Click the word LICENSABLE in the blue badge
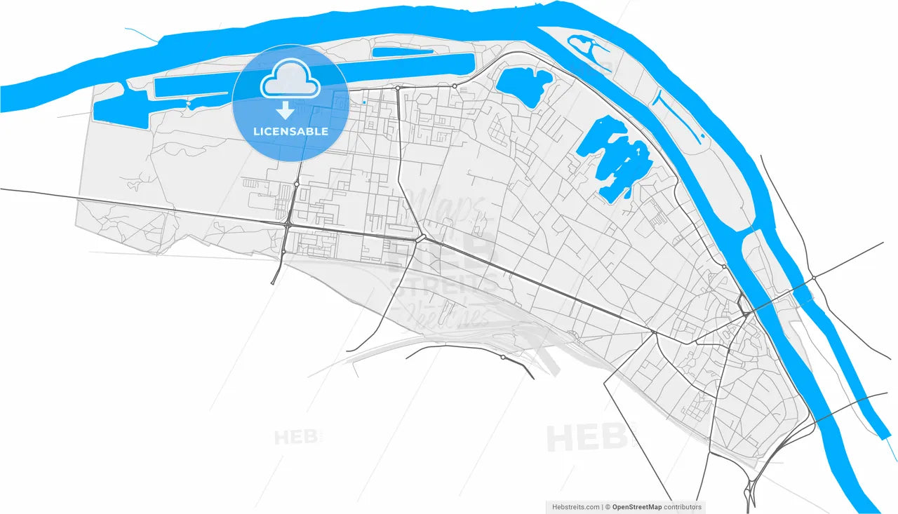click(290, 131)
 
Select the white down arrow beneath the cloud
click(285, 110)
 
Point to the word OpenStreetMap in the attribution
click(638, 507)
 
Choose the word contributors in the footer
click(683, 507)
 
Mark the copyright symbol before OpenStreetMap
click(608, 507)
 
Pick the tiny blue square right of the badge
click(365, 103)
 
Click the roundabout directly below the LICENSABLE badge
click(297, 184)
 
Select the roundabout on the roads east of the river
click(814, 278)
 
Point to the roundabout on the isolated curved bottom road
click(503, 358)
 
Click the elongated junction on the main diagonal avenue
click(421, 238)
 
